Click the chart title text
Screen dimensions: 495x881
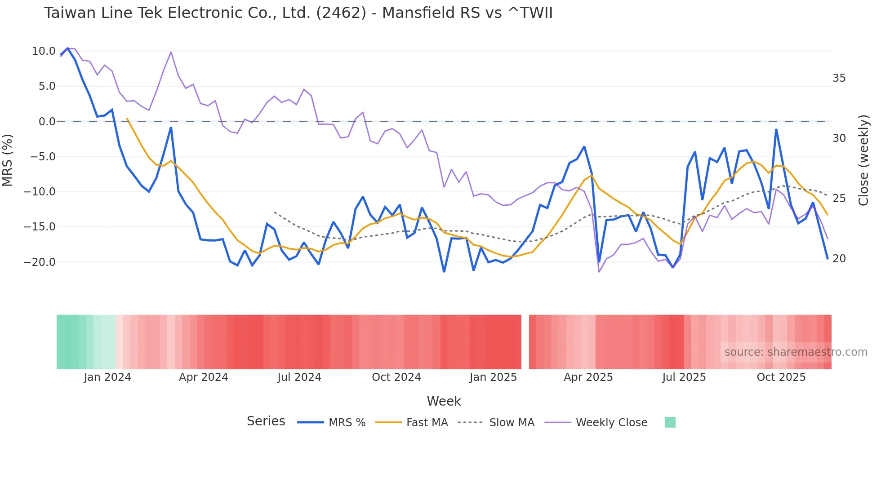click(298, 13)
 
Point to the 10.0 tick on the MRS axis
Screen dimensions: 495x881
click(44, 51)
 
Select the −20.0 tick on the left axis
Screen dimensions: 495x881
click(40, 262)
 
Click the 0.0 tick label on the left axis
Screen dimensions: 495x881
click(47, 122)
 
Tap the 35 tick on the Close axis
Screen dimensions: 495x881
click(839, 78)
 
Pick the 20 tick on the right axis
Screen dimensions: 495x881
click(839, 259)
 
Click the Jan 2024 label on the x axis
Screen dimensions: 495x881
click(107, 377)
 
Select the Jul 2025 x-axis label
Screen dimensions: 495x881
click(684, 377)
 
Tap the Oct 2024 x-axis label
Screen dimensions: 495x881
click(396, 377)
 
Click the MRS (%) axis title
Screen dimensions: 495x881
click(8, 160)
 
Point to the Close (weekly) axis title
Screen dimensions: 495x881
click(863, 160)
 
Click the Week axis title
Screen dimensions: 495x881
click(444, 401)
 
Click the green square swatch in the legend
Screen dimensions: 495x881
click(670, 422)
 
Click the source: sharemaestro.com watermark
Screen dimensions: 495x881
click(796, 352)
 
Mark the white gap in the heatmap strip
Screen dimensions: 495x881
click(525, 342)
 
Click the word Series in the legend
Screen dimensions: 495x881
click(266, 421)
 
